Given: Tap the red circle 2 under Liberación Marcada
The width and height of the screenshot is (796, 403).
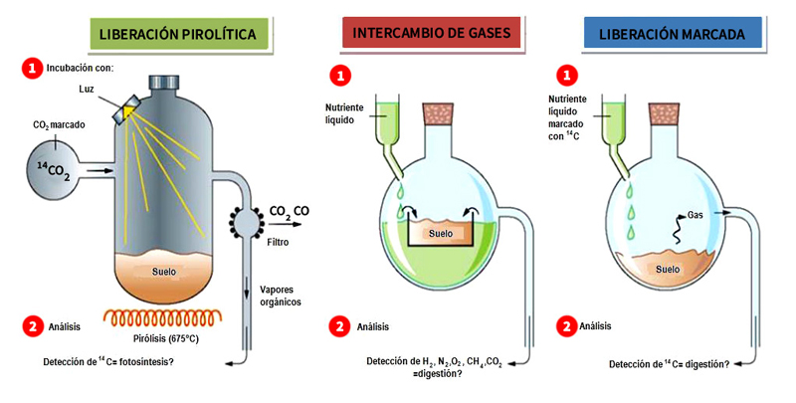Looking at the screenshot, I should [x=567, y=325].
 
